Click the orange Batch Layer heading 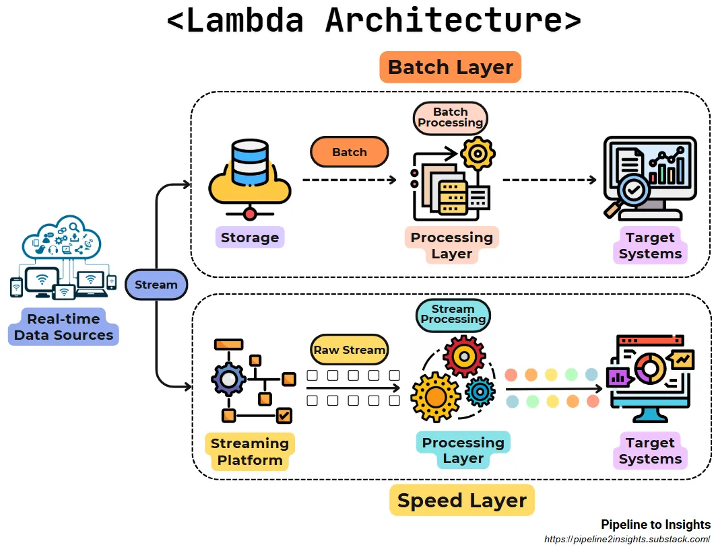[x=450, y=67]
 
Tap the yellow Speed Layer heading [x=461, y=501]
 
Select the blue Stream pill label [x=156, y=285]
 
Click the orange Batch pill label [x=349, y=152]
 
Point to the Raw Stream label [x=350, y=350]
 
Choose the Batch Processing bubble [x=450, y=117]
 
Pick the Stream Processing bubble [x=453, y=314]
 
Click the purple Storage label [x=249, y=238]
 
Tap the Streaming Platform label [x=249, y=452]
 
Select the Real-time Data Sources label [x=63, y=327]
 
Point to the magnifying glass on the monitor [x=631, y=192]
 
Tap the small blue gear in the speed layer [x=480, y=391]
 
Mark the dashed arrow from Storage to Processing [x=349, y=180]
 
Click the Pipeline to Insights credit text [x=655, y=525]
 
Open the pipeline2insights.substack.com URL [x=627, y=540]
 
